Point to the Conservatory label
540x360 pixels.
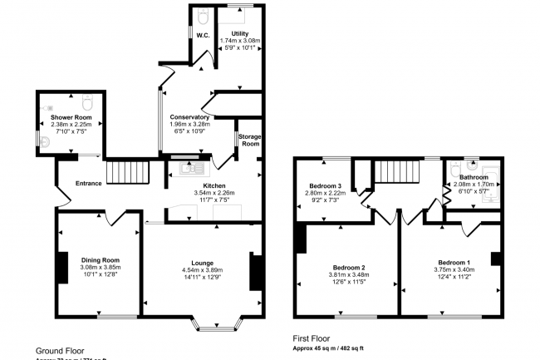pyautogui.click(x=189, y=117)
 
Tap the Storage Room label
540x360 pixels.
pyautogui.click(x=249, y=140)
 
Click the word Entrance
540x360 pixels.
pyautogui.click(x=88, y=183)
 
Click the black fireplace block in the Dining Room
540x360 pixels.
pyautogui.click(x=61, y=267)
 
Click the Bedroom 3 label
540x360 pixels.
pyautogui.click(x=326, y=185)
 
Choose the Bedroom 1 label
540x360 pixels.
pyautogui.click(x=454, y=261)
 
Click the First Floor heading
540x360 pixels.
pyautogui.click(x=312, y=338)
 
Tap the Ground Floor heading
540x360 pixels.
pyautogui.click(x=60, y=351)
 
